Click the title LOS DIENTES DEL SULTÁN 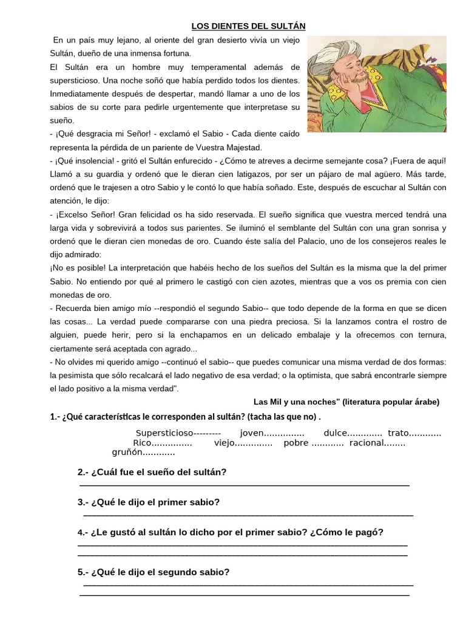click(x=249, y=26)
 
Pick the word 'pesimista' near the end click(x=92, y=375)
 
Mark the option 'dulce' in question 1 click(x=336, y=432)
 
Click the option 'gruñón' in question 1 click(x=126, y=452)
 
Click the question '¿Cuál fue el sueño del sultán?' click(x=158, y=472)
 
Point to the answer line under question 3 click(x=248, y=514)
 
